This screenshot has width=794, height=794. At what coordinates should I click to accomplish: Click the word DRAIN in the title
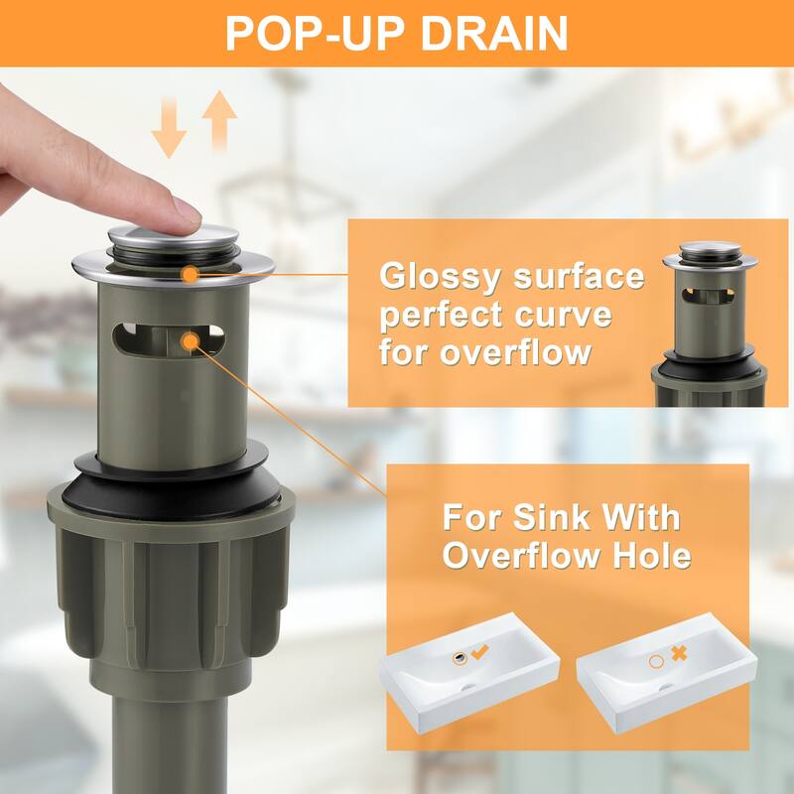click(x=493, y=34)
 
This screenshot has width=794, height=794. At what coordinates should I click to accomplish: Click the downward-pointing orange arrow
click(x=169, y=127)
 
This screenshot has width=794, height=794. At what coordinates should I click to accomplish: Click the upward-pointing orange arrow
click(x=219, y=120)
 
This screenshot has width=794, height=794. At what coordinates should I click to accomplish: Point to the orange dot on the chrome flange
click(x=191, y=275)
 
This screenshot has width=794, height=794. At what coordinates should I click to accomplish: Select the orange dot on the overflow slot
click(x=191, y=341)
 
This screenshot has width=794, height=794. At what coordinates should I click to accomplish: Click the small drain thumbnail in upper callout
click(x=709, y=325)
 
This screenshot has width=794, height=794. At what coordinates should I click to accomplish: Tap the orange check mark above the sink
click(x=480, y=651)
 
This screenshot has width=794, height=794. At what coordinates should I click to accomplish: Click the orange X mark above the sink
click(x=679, y=653)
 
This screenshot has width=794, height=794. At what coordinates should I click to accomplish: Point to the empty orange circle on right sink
click(x=656, y=661)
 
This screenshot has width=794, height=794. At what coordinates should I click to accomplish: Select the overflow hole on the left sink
click(x=460, y=658)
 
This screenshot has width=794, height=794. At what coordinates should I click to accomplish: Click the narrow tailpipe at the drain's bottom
click(x=169, y=744)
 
